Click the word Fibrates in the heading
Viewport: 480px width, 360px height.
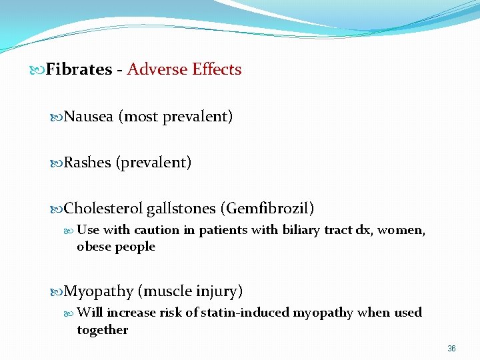pos(78,69)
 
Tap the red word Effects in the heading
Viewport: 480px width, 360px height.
pos(217,69)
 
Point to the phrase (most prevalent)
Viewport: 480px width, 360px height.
pos(175,117)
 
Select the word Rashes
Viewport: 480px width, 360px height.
pos(87,163)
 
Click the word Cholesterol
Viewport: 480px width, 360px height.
pos(103,209)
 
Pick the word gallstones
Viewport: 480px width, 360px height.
pos(181,209)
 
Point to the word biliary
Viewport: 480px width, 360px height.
pos(300,230)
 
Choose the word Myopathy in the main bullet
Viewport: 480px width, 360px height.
pos(99,291)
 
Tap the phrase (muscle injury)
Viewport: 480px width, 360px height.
pos(190,291)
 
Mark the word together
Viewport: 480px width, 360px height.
pos(102,329)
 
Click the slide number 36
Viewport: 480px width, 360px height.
pos(451,349)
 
